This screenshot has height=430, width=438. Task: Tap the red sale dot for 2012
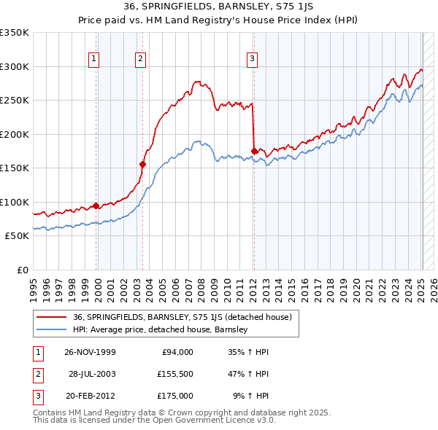coord(254,151)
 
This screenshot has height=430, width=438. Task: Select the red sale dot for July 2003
coord(143,164)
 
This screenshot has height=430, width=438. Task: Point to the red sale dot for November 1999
coord(96,206)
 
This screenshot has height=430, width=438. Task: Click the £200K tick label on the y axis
coord(14,134)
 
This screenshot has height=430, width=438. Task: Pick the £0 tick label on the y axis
coord(21,270)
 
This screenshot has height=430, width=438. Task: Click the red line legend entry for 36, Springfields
coord(182,317)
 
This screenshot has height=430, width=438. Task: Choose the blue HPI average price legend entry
coord(161,329)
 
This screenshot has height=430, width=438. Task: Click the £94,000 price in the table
coord(177,351)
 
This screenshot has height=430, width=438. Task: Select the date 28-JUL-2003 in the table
coord(93,373)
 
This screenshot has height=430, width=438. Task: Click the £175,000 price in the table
coord(175,396)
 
